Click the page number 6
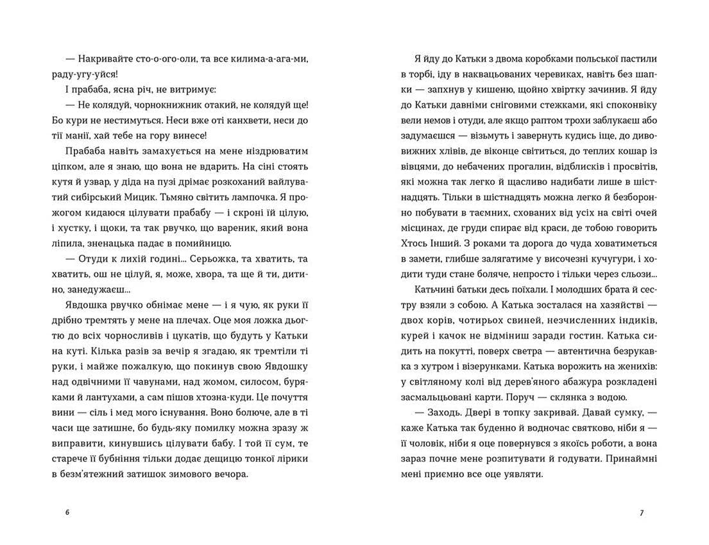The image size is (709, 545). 67,512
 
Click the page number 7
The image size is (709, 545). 641,512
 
